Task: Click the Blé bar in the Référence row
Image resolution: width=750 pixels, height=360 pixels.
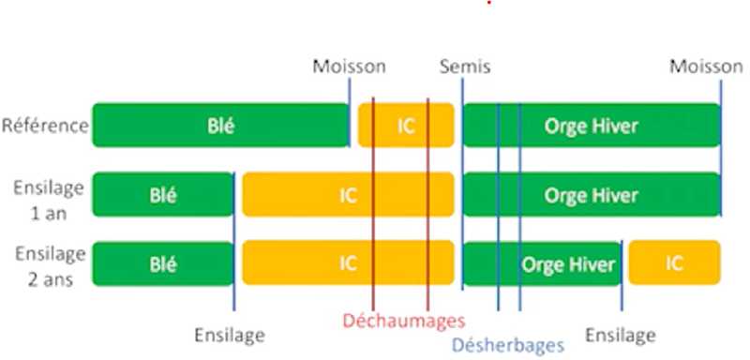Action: tap(220, 126)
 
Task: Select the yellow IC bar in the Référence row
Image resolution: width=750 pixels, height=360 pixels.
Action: tap(406, 126)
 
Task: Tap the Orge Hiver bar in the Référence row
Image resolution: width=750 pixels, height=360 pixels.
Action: tap(591, 126)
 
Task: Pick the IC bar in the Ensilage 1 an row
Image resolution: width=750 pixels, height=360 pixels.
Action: tap(348, 195)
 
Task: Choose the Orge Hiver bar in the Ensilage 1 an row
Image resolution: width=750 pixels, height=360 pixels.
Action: tap(591, 195)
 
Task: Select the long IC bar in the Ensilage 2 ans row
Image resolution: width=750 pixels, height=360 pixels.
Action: tap(348, 263)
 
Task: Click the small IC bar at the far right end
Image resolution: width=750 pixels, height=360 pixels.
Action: tap(674, 263)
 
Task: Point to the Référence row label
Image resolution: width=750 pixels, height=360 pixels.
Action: tap(45, 126)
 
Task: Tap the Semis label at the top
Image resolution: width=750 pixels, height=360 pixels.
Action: tap(464, 67)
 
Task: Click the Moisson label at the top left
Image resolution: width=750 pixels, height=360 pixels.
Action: tap(349, 67)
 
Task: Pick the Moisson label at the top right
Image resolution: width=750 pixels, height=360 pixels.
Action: tap(705, 67)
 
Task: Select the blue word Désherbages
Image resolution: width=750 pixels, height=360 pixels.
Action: tap(508, 344)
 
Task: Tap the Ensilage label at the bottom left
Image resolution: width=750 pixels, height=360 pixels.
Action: tap(230, 335)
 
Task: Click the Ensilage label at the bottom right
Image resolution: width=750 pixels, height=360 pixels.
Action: tap(620, 335)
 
